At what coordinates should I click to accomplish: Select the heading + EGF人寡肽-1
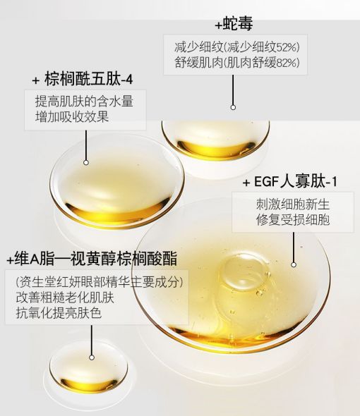(289, 183)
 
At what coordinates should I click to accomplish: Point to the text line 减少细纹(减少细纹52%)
(236, 47)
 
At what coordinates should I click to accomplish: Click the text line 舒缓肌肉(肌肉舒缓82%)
(236, 63)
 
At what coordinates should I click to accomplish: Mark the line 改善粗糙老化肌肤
(65, 298)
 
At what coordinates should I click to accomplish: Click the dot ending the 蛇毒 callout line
(233, 108)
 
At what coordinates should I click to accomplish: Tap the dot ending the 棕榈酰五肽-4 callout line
(85, 162)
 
